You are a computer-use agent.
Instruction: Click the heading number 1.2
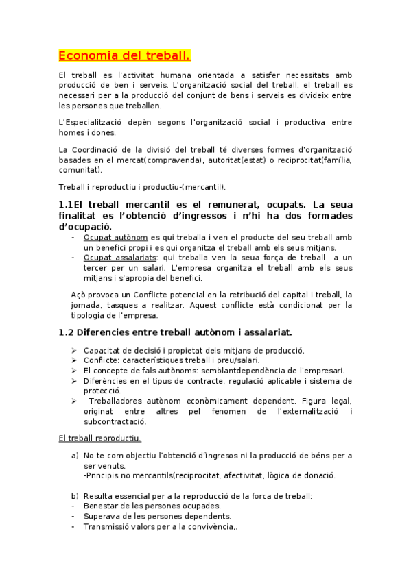click(x=66, y=332)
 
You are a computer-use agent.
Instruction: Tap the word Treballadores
click(x=121, y=401)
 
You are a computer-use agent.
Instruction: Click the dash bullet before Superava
click(x=73, y=516)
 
